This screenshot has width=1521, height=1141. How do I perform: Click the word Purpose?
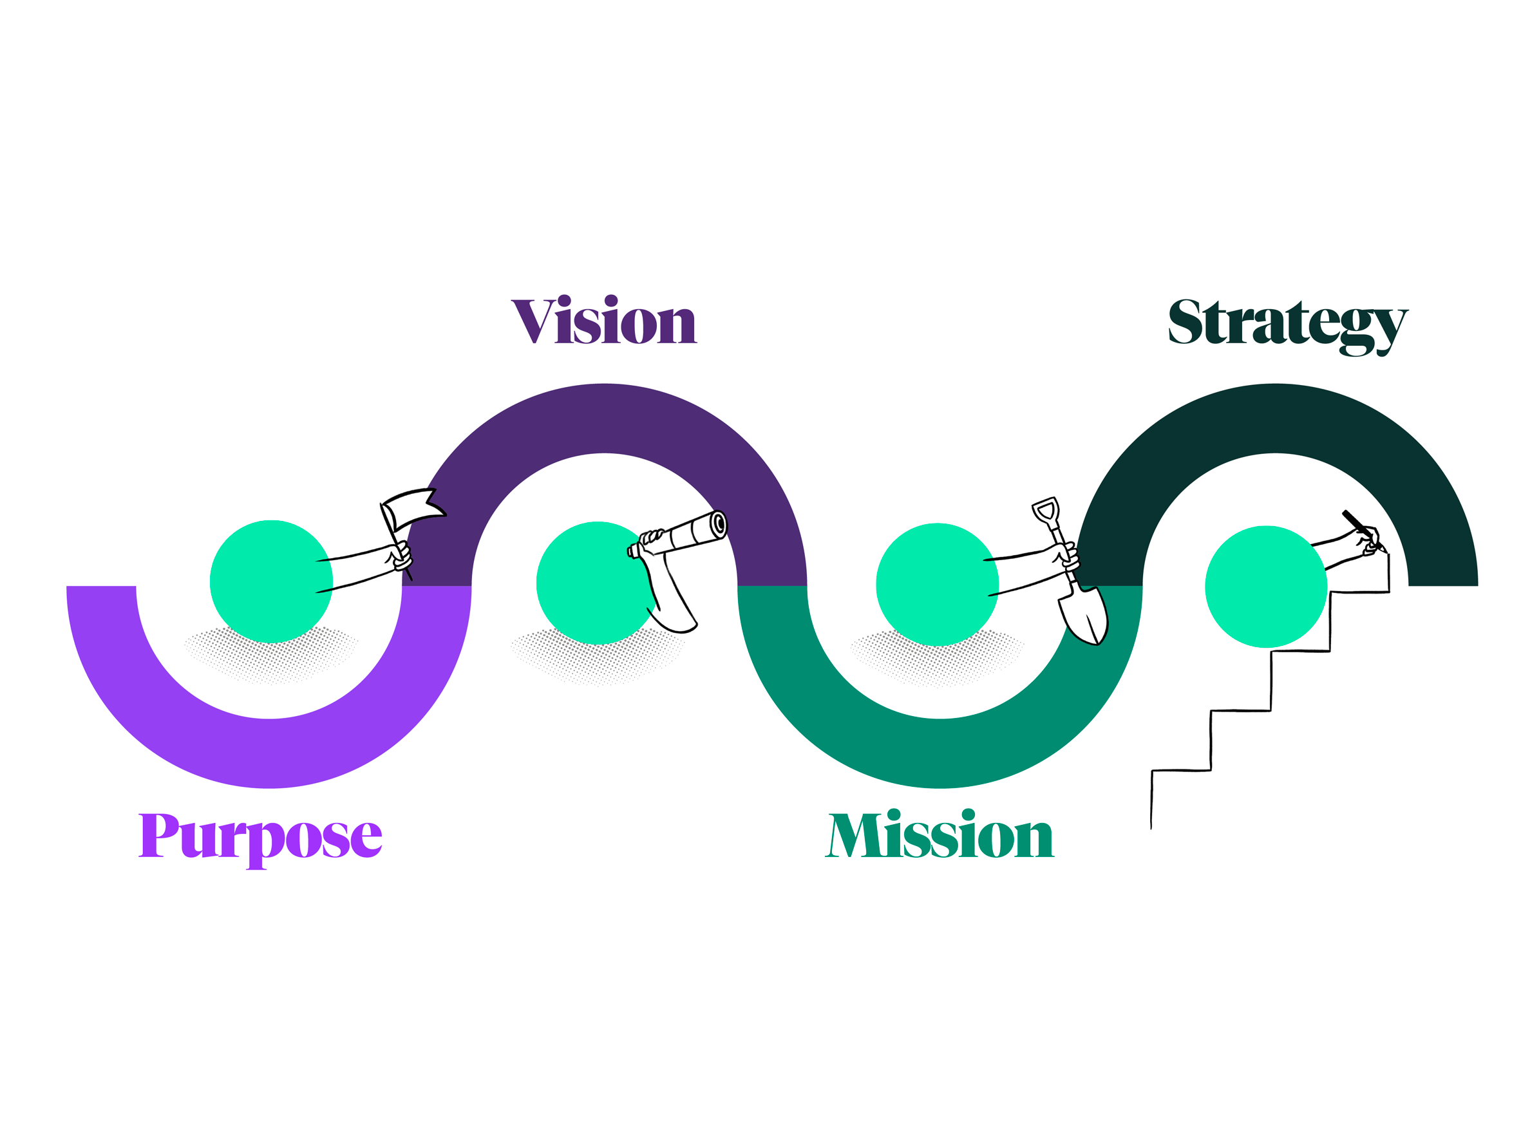pos(260,836)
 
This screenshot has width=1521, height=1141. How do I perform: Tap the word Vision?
pos(604,321)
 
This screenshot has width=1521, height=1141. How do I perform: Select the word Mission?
pos(940,835)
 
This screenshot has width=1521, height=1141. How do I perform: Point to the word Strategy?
pos(1287,323)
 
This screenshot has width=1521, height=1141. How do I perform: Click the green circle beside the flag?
pos(271,582)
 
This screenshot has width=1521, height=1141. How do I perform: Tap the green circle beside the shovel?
pos(936,585)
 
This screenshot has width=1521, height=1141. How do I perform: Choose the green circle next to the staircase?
pos(1266,587)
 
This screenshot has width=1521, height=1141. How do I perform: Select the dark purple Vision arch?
pos(604,418)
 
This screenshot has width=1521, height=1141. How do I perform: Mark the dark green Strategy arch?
pos(1275,418)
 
